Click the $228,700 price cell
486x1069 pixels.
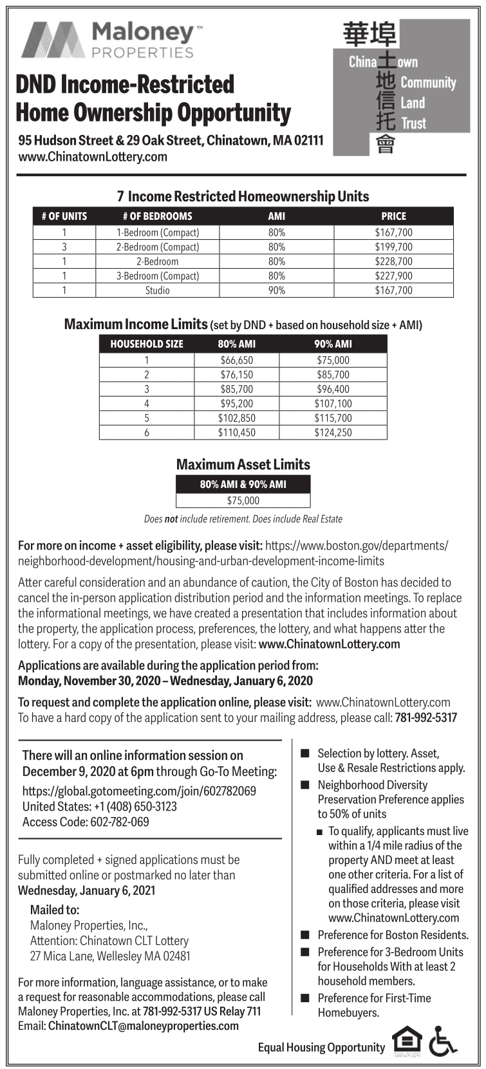point(393,262)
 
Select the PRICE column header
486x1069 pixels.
point(393,217)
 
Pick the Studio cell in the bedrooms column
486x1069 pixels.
point(158,291)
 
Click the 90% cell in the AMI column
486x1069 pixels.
point(277,291)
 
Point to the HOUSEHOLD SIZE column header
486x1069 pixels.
point(147,344)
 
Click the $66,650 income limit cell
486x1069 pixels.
point(237,361)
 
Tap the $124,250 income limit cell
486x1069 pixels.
point(333,433)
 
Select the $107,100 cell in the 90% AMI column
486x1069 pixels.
point(333,404)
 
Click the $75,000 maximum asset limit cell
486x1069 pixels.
point(243,501)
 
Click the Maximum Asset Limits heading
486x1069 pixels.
point(243,464)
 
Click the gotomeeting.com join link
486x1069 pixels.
point(139,791)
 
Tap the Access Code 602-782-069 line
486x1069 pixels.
point(86,822)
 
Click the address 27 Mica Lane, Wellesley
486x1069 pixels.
point(110,956)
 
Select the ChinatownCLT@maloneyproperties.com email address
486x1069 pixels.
point(143,1026)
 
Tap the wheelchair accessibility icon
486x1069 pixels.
point(443,1043)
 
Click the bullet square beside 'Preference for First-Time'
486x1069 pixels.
point(305,998)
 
